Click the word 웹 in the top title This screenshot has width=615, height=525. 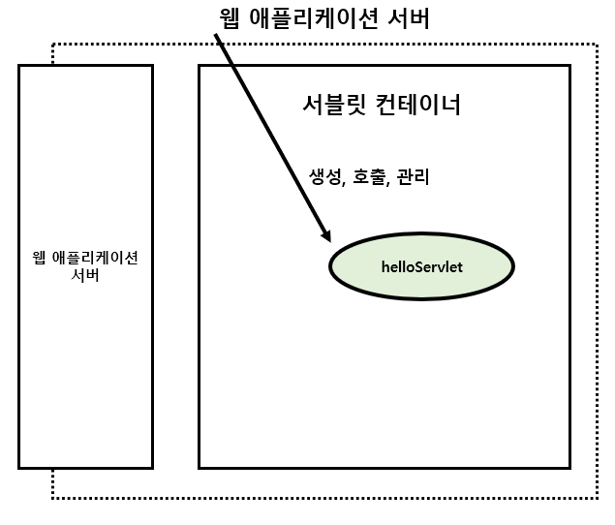click(x=233, y=19)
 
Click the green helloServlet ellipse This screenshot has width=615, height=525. click(x=421, y=263)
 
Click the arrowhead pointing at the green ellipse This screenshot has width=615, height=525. click(x=327, y=236)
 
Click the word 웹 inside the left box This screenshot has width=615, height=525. click(x=40, y=258)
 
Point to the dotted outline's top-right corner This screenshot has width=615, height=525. click(x=597, y=44)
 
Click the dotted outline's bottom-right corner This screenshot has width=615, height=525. click(x=597, y=498)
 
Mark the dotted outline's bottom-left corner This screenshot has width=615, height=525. click(x=52, y=498)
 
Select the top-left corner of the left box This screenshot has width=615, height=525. click(x=19, y=66)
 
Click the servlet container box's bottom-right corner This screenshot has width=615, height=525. click(x=569, y=467)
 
